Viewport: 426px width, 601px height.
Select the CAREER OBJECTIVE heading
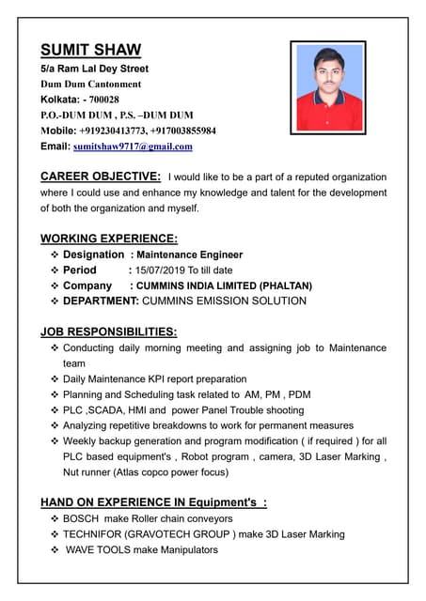click(x=101, y=177)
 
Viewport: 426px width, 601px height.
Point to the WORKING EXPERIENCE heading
click(x=109, y=239)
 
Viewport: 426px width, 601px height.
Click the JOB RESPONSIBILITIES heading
click(x=108, y=331)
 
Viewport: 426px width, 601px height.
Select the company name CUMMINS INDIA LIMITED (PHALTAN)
click(x=224, y=285)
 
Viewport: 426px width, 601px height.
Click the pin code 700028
click(x=101, y=100)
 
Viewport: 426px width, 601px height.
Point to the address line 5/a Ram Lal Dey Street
click(x=94, y=69)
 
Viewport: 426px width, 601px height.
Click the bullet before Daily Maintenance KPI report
click(x=55, y=378)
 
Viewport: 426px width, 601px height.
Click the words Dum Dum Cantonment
click(x=90, y=85)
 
